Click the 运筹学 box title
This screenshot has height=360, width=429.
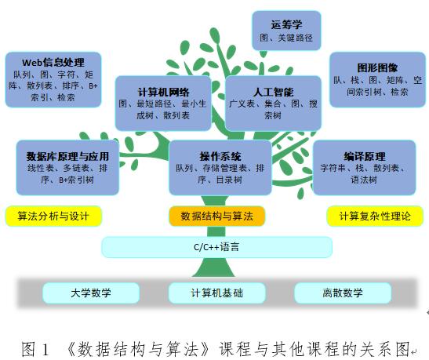click(x=286, y=24)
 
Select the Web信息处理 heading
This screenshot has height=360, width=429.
click(x=53, y=63)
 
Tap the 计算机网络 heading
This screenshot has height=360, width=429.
click(x=163, y=93)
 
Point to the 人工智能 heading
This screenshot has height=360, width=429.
click(x=273, y=93)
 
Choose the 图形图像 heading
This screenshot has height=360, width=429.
click(x=377, y=67)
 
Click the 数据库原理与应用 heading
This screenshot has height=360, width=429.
click(x=67, y=156)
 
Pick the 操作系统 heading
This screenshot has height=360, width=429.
click(x=220, y=156)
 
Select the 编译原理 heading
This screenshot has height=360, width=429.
click(x=365, y=157)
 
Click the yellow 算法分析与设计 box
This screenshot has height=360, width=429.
click(x=53, y=216)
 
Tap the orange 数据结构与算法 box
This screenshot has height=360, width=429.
click(x=217, y=216)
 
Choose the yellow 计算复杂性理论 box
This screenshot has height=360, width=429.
click(x=375, y=216)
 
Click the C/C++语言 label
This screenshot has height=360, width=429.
click(x=216, y=247)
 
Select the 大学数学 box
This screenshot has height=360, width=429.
click(x=91, y=293)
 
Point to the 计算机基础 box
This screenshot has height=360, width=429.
click(x=217, y=293)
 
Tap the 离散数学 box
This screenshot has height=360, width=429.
click(x=343, y=293)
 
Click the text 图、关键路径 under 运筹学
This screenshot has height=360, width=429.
click(x=286, y=38)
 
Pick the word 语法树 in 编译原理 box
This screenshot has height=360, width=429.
click(x=364, y=180)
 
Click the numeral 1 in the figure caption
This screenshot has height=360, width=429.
click(x=45, y=349)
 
